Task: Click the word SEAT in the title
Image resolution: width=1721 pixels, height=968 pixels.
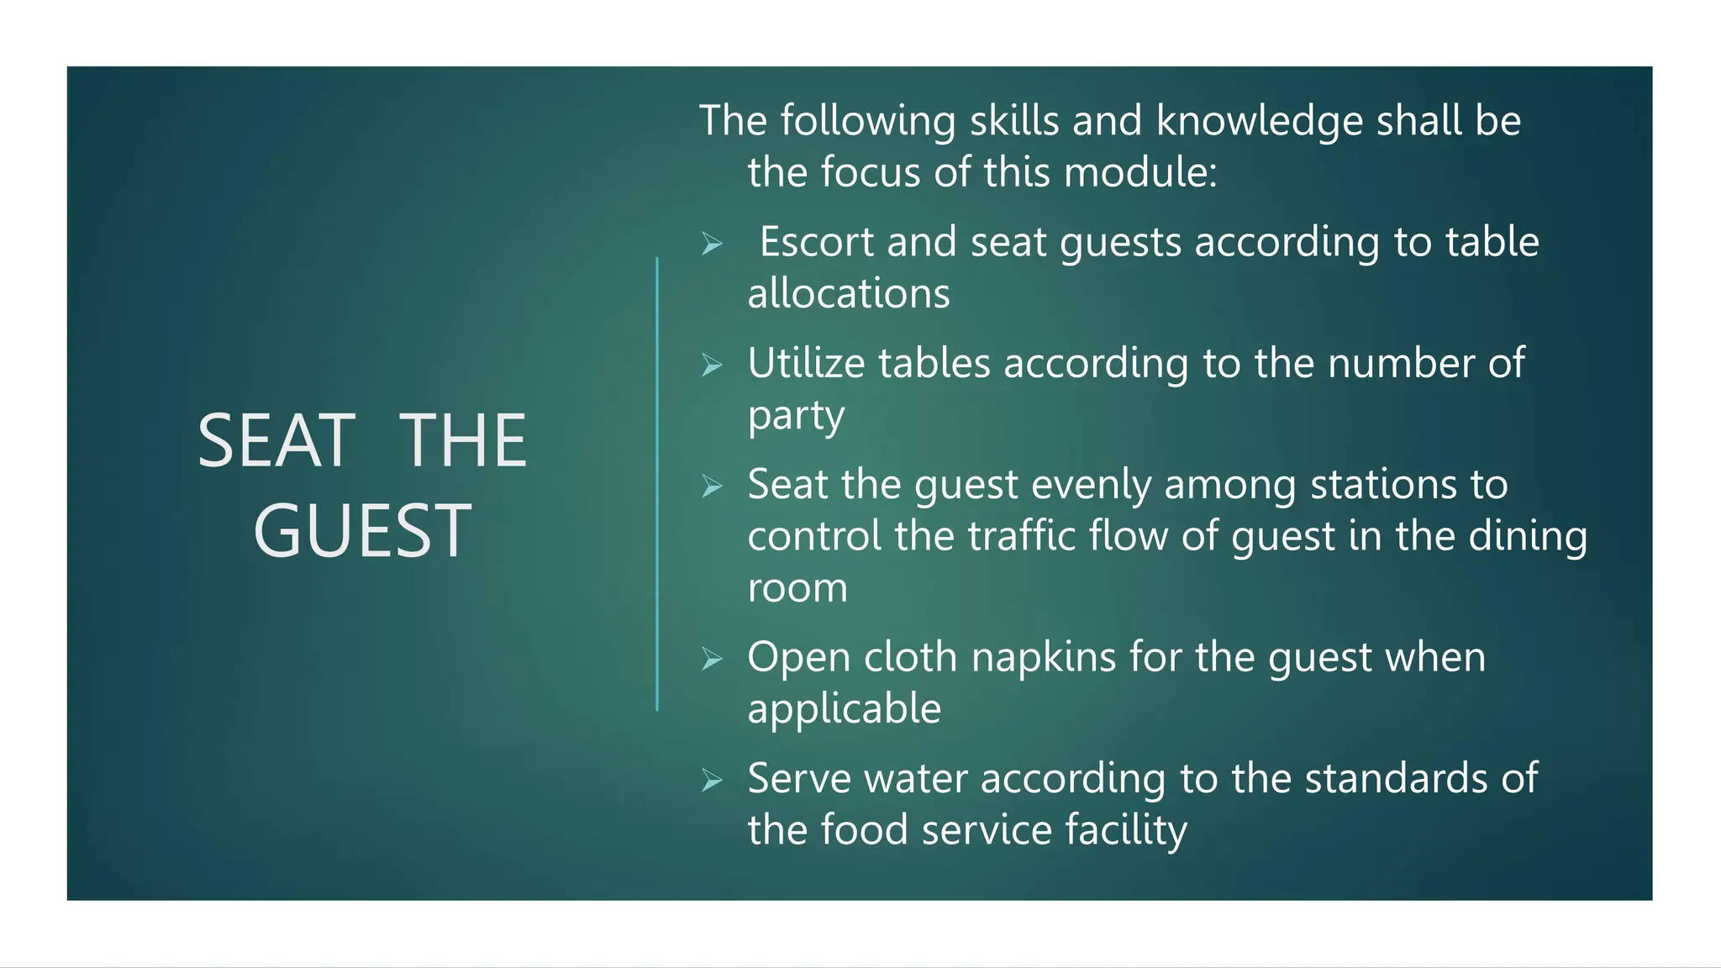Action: tap(276, 441)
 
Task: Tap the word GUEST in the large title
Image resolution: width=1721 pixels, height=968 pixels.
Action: tap(362, 531)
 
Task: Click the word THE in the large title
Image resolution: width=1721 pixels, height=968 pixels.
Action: tap(462, 441)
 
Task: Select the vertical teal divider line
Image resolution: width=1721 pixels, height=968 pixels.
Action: tap(657, 484)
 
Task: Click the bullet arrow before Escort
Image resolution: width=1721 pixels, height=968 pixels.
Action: tap(713, 245)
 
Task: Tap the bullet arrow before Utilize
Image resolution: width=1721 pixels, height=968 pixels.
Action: tap(713, 366)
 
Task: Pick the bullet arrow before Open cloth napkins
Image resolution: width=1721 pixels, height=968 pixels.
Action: tap(713, 660)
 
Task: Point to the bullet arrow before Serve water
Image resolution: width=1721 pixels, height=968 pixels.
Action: tap(713, 781)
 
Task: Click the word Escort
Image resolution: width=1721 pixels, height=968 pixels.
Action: tap(817, 242)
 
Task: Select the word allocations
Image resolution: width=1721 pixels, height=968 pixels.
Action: tap(849, 294)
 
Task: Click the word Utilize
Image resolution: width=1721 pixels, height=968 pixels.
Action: tap(806, 364)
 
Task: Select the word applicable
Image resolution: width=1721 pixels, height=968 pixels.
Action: tap(844, 709)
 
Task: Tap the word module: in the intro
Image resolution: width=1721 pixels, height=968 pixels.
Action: tap(1140, 172)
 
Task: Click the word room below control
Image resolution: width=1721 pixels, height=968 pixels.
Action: tap(797, 588)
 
